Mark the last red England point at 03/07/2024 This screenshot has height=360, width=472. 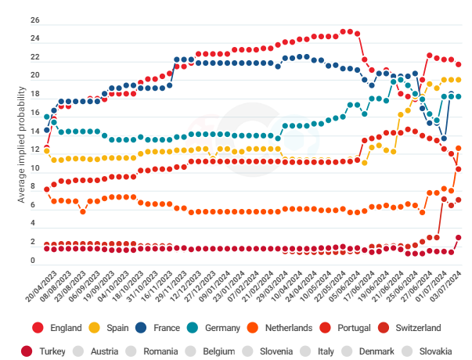point(459,64)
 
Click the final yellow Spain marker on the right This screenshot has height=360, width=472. point(459,80)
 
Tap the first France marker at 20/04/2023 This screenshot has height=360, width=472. point(47,129)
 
